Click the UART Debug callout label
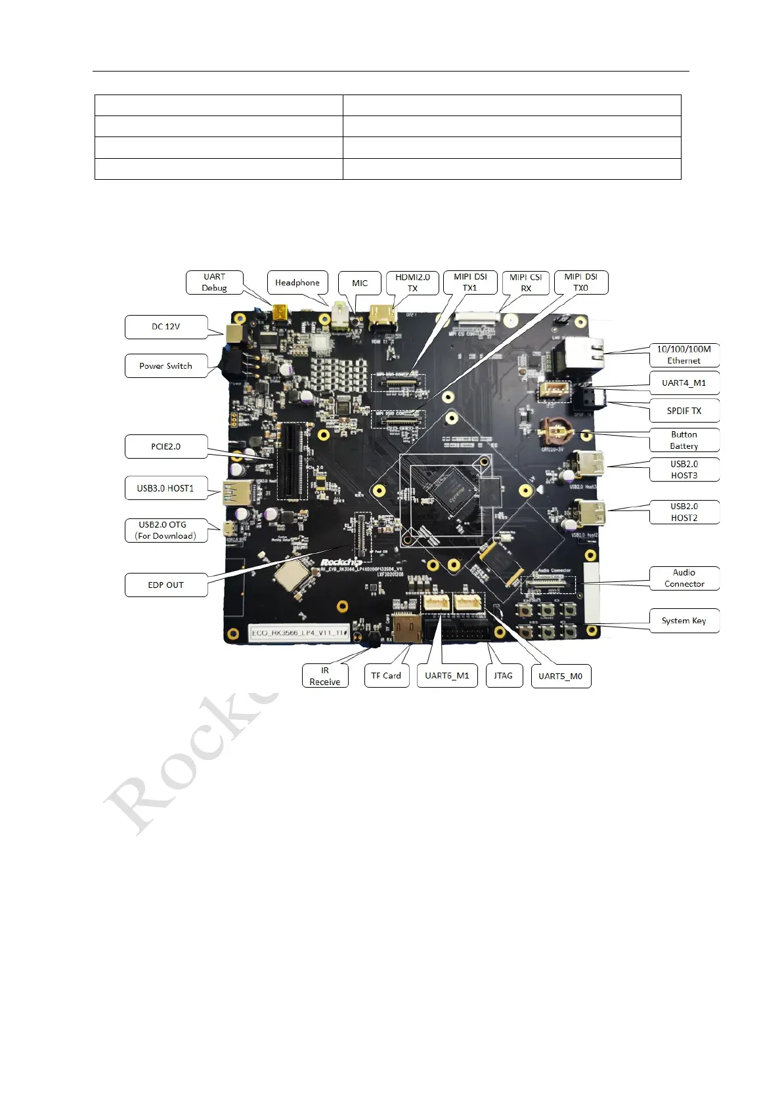(x=214, y=282)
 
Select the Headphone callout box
(x=297, y=283)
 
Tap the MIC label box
(x=360, y=283)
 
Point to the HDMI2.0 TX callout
(x=412, y=283)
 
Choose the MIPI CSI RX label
(x=525, y=283)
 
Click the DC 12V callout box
(x=166, y=327)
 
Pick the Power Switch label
(x=166, y=366)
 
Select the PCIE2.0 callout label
(x=166, y=447)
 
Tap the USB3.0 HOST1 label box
(x=166, y=488)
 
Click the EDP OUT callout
(x=166, y=585)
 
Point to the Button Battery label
(x=684, y=440)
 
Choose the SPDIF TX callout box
(x=684, y=411)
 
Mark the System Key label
(x=684, y=621)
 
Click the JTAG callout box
(x=504, y=676)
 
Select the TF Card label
(x=386, y=676)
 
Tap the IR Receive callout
(x=325, y=676)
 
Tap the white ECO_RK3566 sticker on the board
(x=299, y=633)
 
